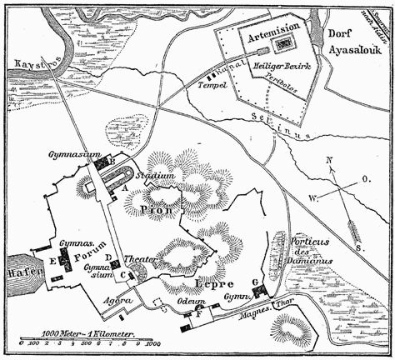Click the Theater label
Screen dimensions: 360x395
[140, 260]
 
